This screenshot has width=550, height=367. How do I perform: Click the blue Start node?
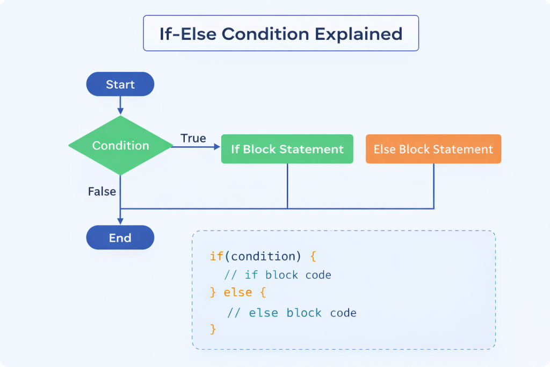tap(120, 84)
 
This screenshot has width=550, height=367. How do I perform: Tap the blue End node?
tap(120, 238)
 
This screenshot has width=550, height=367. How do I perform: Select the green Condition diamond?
tap(120, 146)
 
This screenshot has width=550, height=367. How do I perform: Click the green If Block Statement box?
tap(287, 149)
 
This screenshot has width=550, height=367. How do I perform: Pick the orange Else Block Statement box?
tap(433, 149)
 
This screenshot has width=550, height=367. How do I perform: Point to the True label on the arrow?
tap(193, 138)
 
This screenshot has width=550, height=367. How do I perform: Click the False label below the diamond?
tap(102, 191)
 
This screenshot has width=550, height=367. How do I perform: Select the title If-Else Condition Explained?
tap(280, 33)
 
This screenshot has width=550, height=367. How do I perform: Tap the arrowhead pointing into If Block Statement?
tap(218, 146)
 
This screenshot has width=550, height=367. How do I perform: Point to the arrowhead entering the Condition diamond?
tap(120, 112)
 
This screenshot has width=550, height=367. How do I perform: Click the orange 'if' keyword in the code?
tap(216, 256)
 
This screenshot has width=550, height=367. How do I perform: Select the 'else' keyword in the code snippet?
tap(238, 293)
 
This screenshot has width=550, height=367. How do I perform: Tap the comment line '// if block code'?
tap(278, 275)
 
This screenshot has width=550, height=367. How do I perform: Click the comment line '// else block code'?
tap(292, 313)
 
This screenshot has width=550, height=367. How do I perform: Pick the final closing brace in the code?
tap(213, 328)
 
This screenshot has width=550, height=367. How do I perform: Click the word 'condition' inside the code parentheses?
tap(259, 256)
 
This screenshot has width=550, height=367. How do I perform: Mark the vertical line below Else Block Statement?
tap(433, 186)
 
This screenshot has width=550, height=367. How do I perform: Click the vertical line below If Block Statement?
tap(287, 186)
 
